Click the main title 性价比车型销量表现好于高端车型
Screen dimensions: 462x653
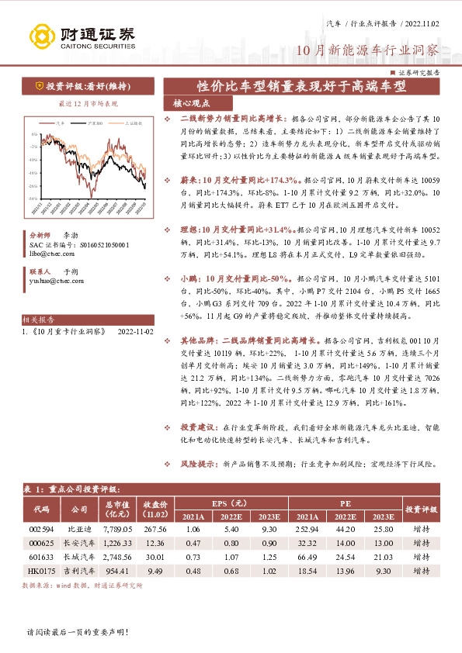pyautogui.click(x=302, y=86)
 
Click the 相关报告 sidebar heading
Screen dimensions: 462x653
pyautogui.click(x=39, y=319)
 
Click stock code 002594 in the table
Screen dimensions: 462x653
pyautogui.click(x=40, y=528)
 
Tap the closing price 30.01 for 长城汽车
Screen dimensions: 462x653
pyautogui.click(x=155, y=556)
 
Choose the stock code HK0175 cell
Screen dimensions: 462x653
pyautogui.click(x=40, y=570)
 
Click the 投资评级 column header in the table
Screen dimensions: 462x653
pyautogui.click(x=421, y=510)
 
